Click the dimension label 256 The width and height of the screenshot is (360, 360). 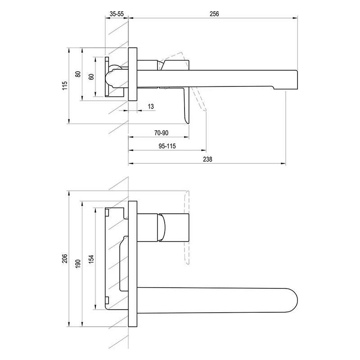coord(214,14)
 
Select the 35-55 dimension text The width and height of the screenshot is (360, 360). coord(117,14)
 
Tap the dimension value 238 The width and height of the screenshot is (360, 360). coord(207,159)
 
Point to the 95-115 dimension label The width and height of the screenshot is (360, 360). coord(167,146)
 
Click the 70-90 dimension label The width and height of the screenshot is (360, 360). coord(161,133)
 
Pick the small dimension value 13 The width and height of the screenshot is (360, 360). coord(151,107)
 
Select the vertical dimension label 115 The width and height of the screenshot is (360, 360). coord(65,85)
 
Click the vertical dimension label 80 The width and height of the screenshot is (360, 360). coord(78,74)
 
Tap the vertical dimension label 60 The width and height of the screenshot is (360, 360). coord(91,76)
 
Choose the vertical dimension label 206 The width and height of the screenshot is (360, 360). coord(65,258)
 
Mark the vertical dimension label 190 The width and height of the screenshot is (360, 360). coord(78,264)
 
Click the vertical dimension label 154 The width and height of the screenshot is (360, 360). coord(91,259)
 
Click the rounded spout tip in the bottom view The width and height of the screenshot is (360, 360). coord(297,300)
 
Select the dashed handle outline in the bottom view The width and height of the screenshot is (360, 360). coord(186,227)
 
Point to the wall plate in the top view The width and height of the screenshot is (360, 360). coord(133,74)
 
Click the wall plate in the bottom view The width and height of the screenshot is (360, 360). coord(133,264)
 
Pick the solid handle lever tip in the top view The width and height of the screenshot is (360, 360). coord(188,123)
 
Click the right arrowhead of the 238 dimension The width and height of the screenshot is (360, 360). coord(284,163)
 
